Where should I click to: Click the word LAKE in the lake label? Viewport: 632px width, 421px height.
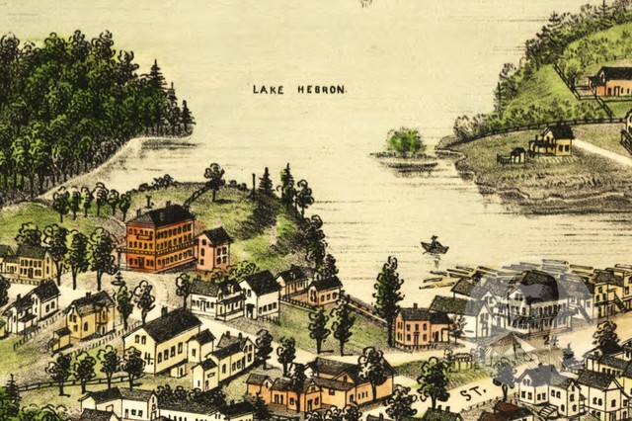coord(267,89)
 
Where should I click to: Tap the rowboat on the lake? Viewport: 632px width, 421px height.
coord(434,246)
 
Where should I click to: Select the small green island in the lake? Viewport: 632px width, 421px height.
coord(405,143)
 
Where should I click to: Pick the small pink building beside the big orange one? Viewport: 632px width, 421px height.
coord(213,248)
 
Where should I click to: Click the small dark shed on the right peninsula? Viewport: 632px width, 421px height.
coord(515,155)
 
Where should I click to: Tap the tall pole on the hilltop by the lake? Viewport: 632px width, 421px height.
coord(254,186)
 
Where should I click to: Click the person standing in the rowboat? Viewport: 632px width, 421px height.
coord(434,240)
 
